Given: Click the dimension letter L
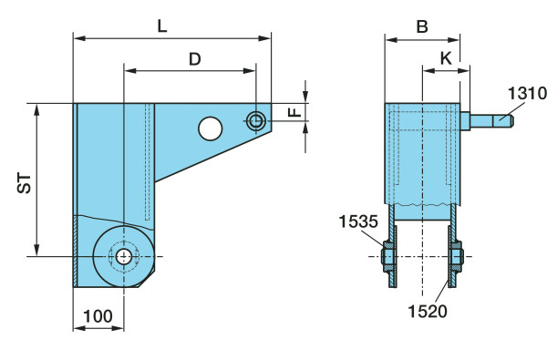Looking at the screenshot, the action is pyautogui.click(x=162, y=26).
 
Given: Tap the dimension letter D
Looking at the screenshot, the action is pyautogui.click(x=195, y=59).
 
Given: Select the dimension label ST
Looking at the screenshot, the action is pyautogui.click(x=25, y=183).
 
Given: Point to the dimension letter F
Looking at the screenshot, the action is pyautogui.click(x=295, y=112).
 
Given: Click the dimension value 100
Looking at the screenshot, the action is pyautogui.click(x=98, y=316).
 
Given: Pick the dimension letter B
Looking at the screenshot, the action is pyautogui.click(x=422, y=26).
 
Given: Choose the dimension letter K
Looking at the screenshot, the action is pyautogui.click(x=446, y=58).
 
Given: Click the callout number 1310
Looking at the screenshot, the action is pyautogui.click(x=527, y=93).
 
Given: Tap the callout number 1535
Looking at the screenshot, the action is pyautogui.click(x=358, y=221).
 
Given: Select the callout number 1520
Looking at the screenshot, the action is pyautogui.click(x=428, y=311).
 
